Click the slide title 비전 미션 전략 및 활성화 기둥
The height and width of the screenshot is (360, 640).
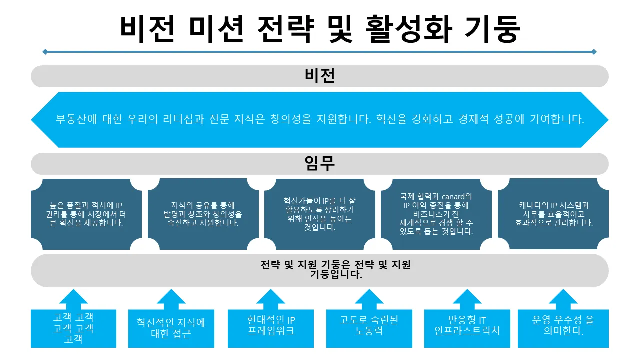pos(320,29)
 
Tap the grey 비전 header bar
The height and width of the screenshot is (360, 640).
pos(320,76)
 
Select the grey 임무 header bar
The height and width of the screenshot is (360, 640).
pos(320,163)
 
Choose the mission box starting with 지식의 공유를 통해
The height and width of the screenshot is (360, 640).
pos(203,214)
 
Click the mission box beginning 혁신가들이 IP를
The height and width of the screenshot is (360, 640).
pos(320,214)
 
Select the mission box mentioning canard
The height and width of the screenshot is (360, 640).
pos(437,214)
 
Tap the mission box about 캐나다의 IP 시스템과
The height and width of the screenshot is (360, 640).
pos(554,214)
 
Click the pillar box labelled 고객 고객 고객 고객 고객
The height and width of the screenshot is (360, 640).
pos(73,328)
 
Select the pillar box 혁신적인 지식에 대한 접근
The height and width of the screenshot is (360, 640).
pos(171,328)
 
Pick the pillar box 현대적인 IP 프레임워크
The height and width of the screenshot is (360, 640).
pos(271,325)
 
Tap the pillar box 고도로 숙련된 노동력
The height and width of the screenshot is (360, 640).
pos(369,325)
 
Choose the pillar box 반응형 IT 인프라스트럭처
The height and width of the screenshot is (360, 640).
pos(467,325)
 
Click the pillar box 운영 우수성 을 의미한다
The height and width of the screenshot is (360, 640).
pos(563,325)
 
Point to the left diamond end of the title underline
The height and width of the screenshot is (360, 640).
pos(45,52)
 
